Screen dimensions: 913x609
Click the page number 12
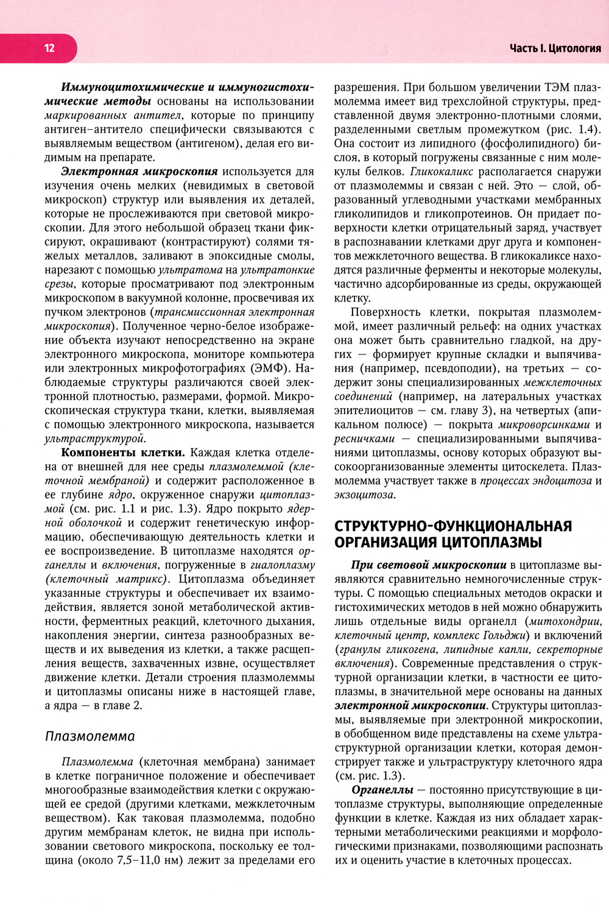[49, 48]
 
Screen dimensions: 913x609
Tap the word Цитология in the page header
[575, 48]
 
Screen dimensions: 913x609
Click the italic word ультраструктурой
[95, 439]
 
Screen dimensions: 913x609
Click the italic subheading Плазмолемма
[90, 736]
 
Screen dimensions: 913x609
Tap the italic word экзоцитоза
[364, 495]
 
